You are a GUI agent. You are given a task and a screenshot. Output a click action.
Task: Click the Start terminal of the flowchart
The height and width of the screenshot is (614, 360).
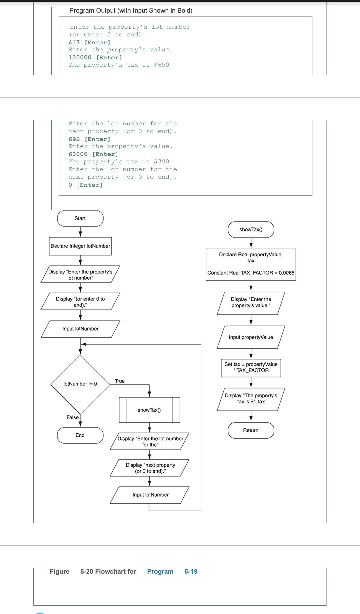point(80,218)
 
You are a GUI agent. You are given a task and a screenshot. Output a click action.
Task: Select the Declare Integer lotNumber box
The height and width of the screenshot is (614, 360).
point(80,246)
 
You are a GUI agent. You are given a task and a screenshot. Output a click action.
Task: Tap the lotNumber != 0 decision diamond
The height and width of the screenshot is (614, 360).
point(80,384)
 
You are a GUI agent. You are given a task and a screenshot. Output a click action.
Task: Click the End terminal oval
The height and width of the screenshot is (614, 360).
point(80,435)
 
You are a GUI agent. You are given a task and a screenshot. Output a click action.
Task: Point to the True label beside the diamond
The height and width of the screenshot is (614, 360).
point(120,381)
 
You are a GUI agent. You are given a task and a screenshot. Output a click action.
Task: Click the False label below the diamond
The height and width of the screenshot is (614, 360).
point(73,417)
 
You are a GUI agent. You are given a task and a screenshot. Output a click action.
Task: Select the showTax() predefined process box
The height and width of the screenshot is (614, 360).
point(149,410)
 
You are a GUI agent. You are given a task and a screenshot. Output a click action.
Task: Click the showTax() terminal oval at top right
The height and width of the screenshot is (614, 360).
point(251,230)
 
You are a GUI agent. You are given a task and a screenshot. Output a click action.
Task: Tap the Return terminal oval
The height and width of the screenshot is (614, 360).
point(251,430)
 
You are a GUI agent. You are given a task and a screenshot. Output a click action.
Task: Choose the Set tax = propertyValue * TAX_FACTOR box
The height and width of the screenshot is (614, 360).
point(251,367)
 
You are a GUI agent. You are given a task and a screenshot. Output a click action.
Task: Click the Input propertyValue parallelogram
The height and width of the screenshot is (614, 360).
point(251,337)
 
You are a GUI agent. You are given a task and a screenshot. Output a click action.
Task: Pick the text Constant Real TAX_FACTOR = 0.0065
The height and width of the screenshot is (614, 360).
point(251,273)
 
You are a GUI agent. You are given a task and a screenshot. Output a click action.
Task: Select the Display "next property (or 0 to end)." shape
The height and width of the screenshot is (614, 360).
point(150,468)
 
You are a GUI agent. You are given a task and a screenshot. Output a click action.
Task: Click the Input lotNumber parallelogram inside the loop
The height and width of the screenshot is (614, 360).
point(150,495)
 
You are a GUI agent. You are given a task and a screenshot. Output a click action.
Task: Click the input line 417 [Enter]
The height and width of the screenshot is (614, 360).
point(89,42)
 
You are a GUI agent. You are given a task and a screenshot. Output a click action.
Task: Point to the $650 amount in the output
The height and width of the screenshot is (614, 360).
point(162,65)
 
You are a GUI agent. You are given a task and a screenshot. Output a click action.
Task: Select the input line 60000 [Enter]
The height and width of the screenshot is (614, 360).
point(93,154)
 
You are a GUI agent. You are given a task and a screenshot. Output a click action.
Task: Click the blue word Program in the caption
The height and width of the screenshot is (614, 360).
point(160,572)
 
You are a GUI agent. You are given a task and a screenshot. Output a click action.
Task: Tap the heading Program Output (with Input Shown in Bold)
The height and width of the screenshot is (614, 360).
point(131,11)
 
